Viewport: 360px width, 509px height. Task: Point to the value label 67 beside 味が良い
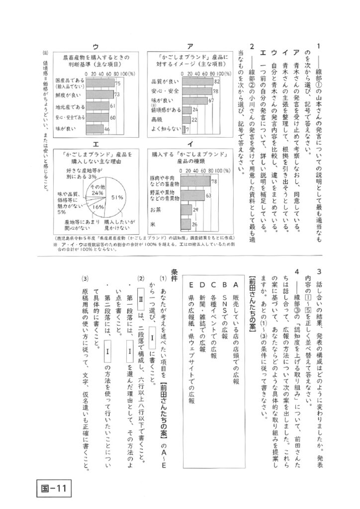[211, 100]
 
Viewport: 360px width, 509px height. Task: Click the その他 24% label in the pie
[97, 189]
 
